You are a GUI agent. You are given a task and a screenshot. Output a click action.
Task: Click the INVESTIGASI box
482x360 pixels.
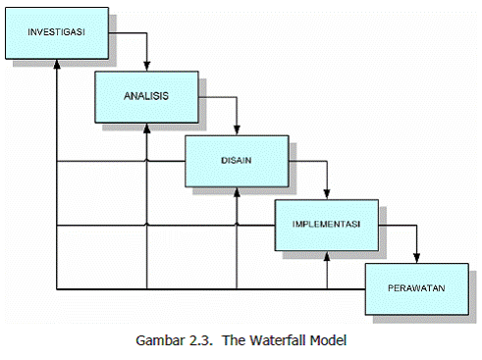(x=56, y=31)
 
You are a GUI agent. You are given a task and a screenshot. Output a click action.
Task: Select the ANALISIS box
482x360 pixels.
(x=146, y=96)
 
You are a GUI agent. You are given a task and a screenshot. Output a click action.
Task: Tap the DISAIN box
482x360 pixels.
(x=236, y=161)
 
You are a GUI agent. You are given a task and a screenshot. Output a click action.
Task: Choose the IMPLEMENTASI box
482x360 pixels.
(x=326, y=225)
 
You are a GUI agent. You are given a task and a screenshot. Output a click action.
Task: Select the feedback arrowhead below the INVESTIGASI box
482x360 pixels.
(x=56, y=64)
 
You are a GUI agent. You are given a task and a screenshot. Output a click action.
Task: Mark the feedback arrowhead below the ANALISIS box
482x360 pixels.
(x=146, y=129)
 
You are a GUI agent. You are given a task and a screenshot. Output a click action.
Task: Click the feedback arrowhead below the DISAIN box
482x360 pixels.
(x=237, y=192)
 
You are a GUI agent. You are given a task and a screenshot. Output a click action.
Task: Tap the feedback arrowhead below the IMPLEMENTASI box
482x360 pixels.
(x=327, y=257)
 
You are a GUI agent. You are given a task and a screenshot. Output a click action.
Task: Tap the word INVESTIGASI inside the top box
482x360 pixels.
(x=56, y=31)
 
